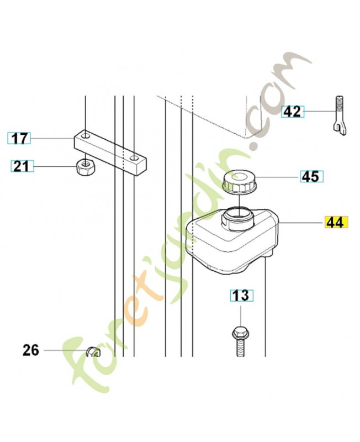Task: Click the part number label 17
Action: [19, 138]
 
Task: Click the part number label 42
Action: [292, 112]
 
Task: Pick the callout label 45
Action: [311, 177]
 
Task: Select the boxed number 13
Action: [241, 296]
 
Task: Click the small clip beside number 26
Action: [94, 350]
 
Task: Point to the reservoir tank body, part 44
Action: [232, 243]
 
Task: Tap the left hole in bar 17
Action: [86, 135]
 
